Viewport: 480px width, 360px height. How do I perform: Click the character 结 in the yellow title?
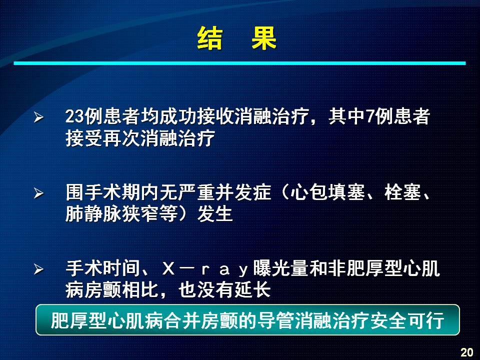[210, 38]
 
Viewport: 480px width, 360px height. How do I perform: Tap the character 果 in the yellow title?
[264, 38]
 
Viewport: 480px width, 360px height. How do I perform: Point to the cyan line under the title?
[239, 63]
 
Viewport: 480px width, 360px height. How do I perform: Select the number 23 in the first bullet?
[74, 116]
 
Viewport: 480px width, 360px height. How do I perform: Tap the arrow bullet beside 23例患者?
[38, 117]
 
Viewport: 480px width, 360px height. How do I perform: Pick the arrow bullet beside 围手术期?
[38, 193]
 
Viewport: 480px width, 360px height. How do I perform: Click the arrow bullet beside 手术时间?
[38, 269]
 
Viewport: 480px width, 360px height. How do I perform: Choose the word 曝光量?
[281, 268]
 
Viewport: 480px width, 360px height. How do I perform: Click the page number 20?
[467, 352]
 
